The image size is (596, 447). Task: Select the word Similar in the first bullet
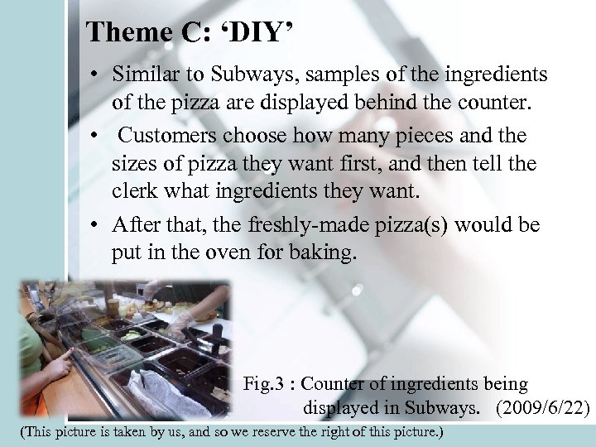[x=142, y=74]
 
